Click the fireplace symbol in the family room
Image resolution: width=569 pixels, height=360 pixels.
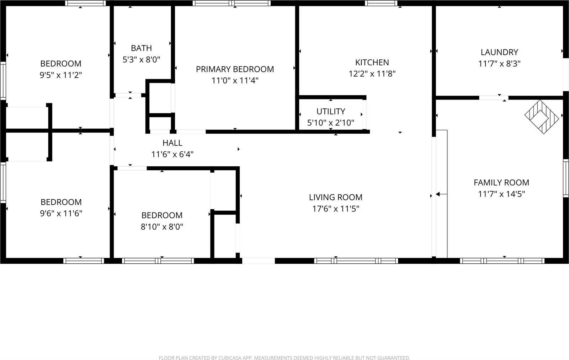[542, 117]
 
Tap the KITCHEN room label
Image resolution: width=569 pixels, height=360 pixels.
[372, 63]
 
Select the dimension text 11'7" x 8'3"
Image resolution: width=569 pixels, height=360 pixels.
[499, 64]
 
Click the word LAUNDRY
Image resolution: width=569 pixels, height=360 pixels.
[499, 52]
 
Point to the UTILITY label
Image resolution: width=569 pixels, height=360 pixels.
[331, 112]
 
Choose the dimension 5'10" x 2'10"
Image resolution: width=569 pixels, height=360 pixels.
[331, 123]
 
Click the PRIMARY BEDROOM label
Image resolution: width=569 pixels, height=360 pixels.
[235, 69]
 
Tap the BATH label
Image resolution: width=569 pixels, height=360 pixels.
[141, 48]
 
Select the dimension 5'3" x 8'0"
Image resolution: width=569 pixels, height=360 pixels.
[141, 60]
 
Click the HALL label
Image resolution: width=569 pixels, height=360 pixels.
[172, 143]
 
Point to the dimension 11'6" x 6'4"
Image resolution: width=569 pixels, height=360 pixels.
[172, 155]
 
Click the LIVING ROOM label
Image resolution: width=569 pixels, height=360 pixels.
[336, 197]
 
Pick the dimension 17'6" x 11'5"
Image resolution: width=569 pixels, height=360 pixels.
[336, 209]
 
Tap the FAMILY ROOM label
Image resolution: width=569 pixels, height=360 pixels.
[501, 183]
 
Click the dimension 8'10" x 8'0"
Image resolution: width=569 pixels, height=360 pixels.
[162, 227]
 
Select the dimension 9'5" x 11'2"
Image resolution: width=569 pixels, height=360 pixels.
[61, 75]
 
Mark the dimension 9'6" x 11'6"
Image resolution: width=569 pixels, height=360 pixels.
[61, 214]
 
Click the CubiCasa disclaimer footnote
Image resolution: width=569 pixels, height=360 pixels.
[284, 358]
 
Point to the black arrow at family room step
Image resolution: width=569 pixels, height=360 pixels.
[438, 194]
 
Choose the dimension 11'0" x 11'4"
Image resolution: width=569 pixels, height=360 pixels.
[235, 81]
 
